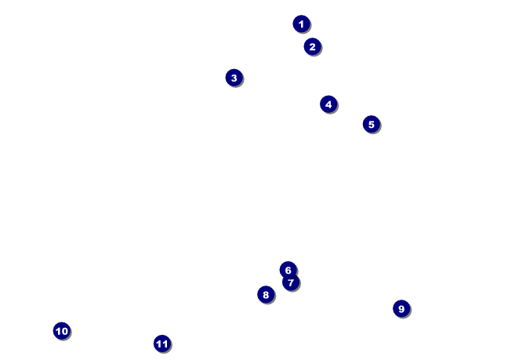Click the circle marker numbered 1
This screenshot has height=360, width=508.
click(301, 24)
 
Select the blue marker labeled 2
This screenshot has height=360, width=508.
click(312, 46)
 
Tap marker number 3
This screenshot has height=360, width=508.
click(234, 78)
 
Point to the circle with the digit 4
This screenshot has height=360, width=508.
click(328, 104)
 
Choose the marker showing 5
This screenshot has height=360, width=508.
click(371, 124)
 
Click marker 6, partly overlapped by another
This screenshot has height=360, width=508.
click(287, 268)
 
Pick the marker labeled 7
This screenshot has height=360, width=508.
click(291, 282)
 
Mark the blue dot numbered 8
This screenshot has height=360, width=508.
click(266, 294)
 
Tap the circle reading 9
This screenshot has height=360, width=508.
click(401, 308)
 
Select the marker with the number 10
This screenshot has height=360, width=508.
click(62, 331)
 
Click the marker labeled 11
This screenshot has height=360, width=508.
click(161, 343)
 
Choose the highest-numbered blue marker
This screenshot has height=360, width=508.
click(161, 343)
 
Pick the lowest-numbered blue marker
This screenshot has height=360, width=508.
click(301, 24)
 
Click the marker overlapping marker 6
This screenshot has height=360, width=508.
click(291, 282)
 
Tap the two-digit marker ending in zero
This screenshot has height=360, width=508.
click(62, 331)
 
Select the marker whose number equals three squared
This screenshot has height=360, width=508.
click(401, 308)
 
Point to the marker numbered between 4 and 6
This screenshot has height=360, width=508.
click(371, 124)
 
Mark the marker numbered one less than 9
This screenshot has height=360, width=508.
click(266, 294)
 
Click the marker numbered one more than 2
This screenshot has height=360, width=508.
click(234, 78)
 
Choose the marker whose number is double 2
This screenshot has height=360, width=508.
click(328, 104)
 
